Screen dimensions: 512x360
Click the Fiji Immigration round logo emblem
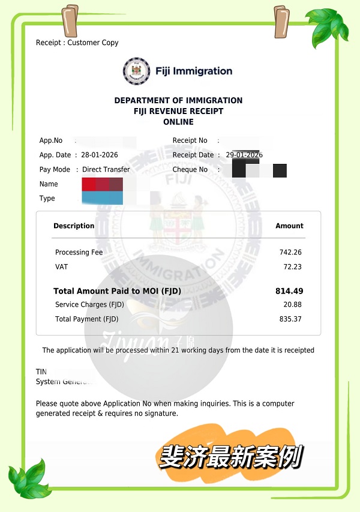[135, 71]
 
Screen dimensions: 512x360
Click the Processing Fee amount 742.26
[290, 253]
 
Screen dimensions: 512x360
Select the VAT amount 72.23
[293, 267]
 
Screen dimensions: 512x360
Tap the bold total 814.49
[289, 291]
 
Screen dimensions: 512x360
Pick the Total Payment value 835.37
[290, 319]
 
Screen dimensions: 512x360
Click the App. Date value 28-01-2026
[100, 155]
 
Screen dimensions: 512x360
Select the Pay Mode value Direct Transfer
[106, 169]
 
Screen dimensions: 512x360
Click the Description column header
[74, 226]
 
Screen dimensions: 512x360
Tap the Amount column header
[289, 226]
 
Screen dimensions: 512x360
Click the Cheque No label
[190, 169]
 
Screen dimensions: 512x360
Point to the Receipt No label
[190, 140]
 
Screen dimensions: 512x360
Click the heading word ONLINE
[178, 122]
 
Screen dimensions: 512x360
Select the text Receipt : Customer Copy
[77, 43]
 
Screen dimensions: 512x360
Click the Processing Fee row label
[79, 253]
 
